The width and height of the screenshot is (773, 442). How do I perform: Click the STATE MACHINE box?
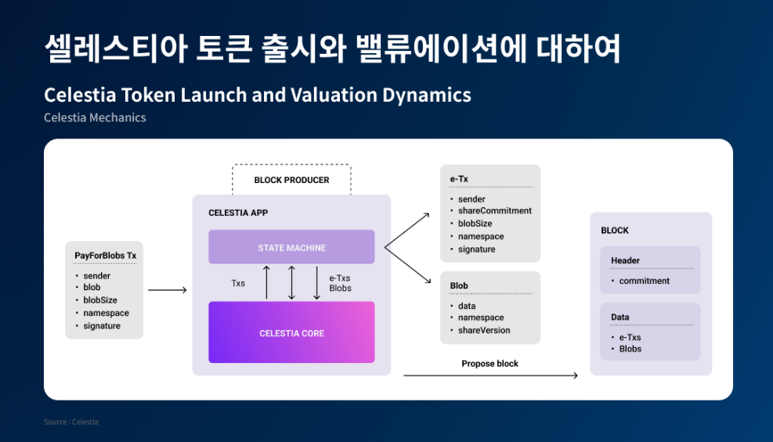click(291, 246)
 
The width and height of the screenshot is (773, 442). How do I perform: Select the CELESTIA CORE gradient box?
click(291, 332)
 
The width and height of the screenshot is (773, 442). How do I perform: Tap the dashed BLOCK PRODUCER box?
click(291, 180)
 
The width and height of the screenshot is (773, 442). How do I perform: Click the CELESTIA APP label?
click(238, 213)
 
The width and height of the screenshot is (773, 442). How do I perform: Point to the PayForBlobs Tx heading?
click(106, 256)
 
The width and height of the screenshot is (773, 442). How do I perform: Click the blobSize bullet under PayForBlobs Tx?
click(100, 300)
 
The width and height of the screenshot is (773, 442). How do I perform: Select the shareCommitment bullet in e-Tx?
click(495, 210)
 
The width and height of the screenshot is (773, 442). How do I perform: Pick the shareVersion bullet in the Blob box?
click(484, 330)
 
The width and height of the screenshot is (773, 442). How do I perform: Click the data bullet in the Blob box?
click(467, 306)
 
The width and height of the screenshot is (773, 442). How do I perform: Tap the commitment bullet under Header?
click(645, 281)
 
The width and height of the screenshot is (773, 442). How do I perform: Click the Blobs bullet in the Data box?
click(630, 348)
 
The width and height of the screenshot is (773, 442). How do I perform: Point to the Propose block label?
click(489, 364)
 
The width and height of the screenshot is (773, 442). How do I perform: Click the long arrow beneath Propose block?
click(490, 376)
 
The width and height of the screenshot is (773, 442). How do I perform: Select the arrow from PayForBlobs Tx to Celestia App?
click(167, 290)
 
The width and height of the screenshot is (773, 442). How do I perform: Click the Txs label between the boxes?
click(238, 283)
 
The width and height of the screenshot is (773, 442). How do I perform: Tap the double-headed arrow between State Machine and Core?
click(291, 282)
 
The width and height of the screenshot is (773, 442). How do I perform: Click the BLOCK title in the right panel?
click(615, 230)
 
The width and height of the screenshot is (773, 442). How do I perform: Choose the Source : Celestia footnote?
click(71, 422)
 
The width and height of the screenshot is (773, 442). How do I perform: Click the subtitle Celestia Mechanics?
click(95, 117)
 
